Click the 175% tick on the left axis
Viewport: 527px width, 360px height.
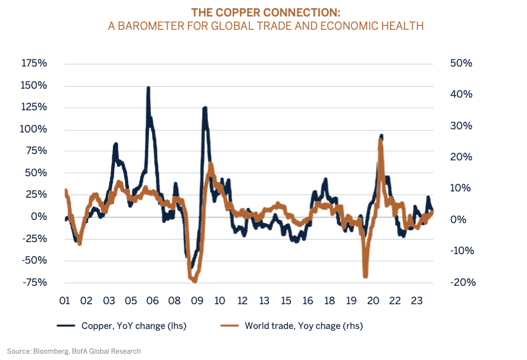click(34, 63)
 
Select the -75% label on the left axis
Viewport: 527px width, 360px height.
click(34, 282)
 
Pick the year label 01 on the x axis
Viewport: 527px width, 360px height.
click(64, 300)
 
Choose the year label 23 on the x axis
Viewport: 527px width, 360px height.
click(417, 300)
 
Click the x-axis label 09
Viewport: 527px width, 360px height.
click(197, 300)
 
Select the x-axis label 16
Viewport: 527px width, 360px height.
click(308, 300)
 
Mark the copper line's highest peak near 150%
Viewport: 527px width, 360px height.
click(148, 89)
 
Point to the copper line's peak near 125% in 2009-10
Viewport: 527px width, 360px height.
click(205, 108)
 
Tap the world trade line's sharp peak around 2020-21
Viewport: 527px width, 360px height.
click(380, 141)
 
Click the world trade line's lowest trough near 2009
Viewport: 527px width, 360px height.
click(194, 281)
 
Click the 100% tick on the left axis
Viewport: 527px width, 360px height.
click(34, 129)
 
